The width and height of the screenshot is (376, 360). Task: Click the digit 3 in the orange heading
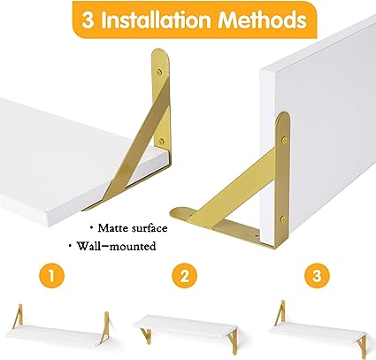pos(88,20)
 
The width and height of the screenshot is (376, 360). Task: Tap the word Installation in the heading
pos(157,20)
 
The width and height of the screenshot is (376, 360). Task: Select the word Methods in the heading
pos(263,19)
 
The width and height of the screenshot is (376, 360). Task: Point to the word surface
pos(150,228)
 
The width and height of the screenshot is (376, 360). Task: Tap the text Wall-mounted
pos(116,246)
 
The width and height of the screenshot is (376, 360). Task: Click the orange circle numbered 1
pos(51,277)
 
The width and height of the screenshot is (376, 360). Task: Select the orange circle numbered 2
pos(184,277)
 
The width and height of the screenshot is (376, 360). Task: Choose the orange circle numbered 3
pos(317,277)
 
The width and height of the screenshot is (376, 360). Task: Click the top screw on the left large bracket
pos(159,72)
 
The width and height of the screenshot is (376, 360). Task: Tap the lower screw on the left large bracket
pos(161,142)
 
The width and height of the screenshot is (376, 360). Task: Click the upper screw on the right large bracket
pos(284,140)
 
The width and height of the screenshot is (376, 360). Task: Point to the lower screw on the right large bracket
pos(283,218)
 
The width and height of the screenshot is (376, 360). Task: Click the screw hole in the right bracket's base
pos(257,236)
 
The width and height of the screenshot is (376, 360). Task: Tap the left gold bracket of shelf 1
pos(19,315)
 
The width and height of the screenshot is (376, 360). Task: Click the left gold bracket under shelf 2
pos(146,335)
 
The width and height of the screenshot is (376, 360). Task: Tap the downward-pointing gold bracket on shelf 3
pos(361,344)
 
